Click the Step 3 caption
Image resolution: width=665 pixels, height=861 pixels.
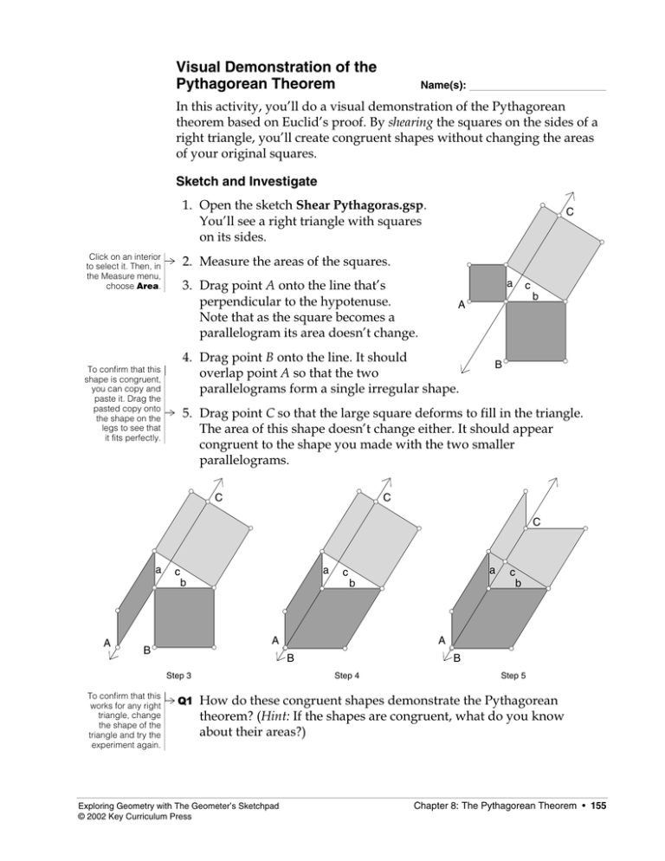click(x=178, y=675)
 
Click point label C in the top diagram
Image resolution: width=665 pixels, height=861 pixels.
click(x=571, y=213)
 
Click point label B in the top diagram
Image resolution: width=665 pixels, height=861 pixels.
click(x=499, y=366)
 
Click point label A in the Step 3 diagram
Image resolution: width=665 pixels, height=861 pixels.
click(x=107, y=643)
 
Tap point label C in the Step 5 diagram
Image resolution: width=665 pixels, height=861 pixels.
click(x=537, y=522)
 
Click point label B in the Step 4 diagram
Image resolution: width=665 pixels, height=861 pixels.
click(x=291, y=657)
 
